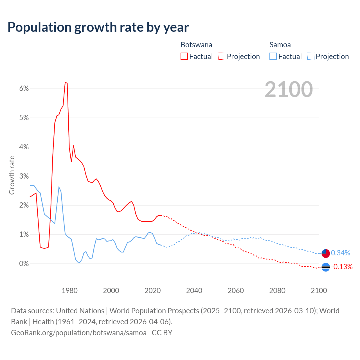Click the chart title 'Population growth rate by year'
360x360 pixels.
point(98,27)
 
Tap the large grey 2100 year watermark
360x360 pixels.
point(289,89)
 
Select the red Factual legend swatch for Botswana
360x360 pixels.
point(184,56)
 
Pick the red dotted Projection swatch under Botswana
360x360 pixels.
point(222,56)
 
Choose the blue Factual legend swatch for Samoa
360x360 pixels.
point(273,56)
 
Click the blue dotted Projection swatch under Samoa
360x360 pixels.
point(310,56)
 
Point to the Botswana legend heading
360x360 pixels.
point(196,45)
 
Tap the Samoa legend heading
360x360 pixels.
point(280,45)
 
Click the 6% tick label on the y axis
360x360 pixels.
point(24,89)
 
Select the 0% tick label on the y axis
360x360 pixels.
point(24,264)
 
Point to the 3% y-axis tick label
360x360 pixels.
point(24,176)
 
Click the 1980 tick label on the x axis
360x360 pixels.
point(69,291)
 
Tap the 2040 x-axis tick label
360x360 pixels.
point(194,291)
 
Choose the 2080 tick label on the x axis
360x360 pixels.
point(277,291)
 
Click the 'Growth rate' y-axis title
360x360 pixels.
point(12,175)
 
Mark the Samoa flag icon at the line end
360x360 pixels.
point(326,253)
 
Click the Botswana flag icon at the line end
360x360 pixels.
point(326,267)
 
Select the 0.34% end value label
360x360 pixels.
point(341,253)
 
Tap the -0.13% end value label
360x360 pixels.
point(342,267)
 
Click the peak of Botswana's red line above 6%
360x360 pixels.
point(65,82)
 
